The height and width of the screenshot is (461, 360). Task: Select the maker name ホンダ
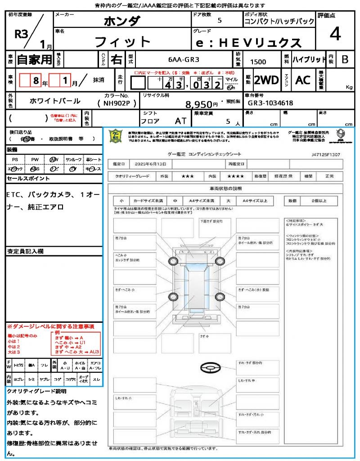[122, 21]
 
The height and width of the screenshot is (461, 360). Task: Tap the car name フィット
[122, 42]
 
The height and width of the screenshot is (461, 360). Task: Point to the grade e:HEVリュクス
[249, 43]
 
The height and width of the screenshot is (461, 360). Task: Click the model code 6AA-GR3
[184, 59]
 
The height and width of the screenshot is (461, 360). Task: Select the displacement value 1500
[258, 62]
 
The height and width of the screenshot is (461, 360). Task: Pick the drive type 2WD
[266, 80]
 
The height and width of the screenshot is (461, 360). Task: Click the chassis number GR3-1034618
[270, 103]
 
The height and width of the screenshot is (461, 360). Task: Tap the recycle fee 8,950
[199, 104]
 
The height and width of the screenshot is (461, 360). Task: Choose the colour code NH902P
[120, 103]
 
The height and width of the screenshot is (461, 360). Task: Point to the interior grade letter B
[345, 59]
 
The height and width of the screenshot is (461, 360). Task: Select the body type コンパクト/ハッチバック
[279, 21]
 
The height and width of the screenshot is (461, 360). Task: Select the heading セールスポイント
[28, 179]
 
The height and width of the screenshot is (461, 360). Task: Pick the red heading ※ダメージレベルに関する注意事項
[50, 326]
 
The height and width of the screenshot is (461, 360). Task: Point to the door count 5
[219, 21]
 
